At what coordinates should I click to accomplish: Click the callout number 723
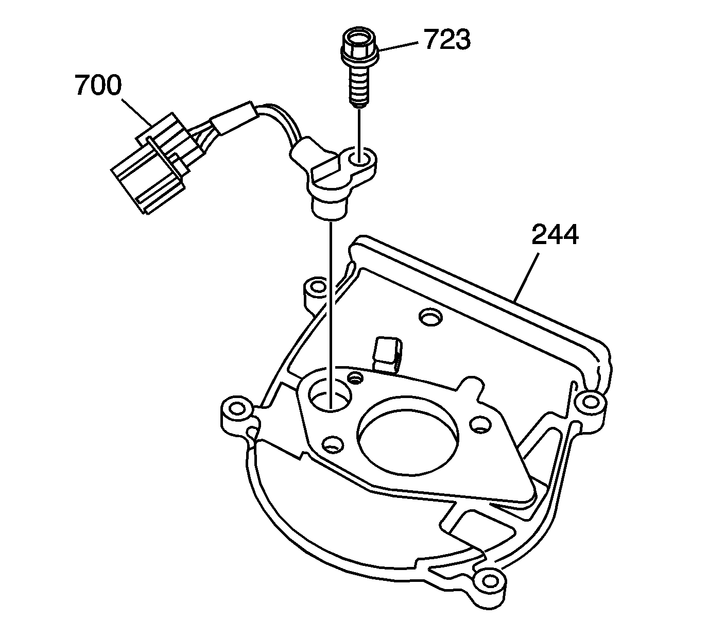click(447, 40)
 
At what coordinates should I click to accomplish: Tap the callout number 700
click(98, 85)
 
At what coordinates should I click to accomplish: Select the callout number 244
click(555, 234)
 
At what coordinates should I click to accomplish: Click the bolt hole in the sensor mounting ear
click(359, 160)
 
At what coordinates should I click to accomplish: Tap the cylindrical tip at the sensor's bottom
click(328, 210)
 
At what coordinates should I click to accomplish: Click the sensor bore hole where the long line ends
click(330, 396)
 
